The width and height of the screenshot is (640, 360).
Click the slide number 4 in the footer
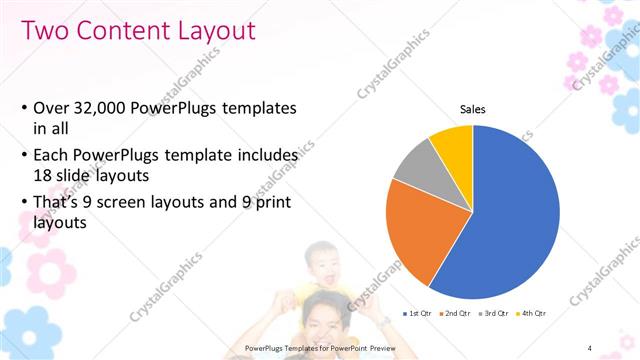tap(590, 347)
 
